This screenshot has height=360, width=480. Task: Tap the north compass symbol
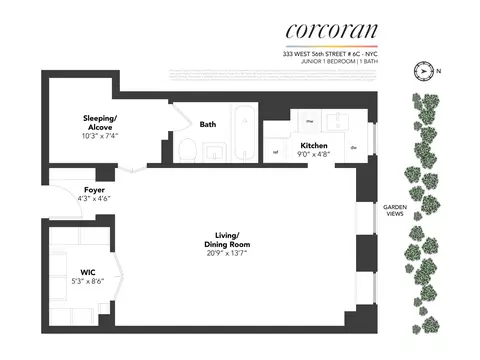click(425, 71)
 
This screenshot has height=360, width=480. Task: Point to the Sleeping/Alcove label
click(100, 123)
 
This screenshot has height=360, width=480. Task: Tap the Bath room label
click(208, 125)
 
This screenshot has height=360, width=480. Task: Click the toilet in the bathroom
click(186, 151)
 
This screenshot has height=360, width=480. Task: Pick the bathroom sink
click(217, 152)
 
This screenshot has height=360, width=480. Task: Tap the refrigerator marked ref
click(275, 152)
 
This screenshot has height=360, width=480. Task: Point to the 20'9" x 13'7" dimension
click(225, 251)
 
